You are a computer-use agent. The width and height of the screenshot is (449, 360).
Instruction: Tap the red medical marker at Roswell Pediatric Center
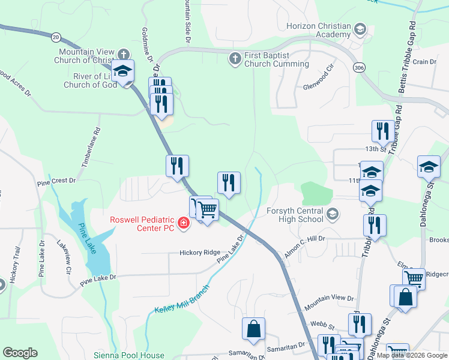[x=183, y=224]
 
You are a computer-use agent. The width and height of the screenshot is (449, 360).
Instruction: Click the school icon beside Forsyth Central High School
[x=333, y=214]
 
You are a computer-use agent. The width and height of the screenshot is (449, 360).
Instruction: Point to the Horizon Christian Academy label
[x=318, y=31]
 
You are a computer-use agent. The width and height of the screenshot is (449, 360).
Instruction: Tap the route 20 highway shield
[x=55, y=37]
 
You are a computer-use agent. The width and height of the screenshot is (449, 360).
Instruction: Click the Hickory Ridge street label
[x=200, y=253]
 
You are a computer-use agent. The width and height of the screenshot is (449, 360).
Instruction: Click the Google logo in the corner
[x=20, y=353]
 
